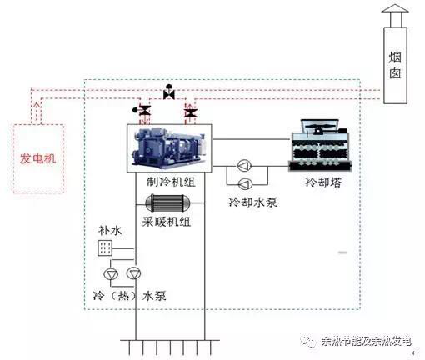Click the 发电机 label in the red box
pos(38,158)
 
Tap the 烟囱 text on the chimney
pos(395,65)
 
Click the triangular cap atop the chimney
pos(395,8)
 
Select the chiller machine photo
pos(169,148)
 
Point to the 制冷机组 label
pos(171,182)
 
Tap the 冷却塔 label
pos(323,182)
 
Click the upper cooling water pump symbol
pos(244,166)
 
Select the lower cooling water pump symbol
pos(245,183)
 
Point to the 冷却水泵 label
pos(252,202)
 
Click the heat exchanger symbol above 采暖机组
pos(167,202)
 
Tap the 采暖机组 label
pos(167,222)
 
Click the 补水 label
pos(110,230)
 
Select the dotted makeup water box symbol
pos(105,247)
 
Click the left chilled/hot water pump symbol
pos(111,274)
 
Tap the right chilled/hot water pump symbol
pos(133,273)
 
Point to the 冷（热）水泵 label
pos(130,296)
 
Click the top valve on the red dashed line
pos(169,92)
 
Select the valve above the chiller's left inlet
pos(143,111)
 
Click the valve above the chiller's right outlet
pos(191,113)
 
